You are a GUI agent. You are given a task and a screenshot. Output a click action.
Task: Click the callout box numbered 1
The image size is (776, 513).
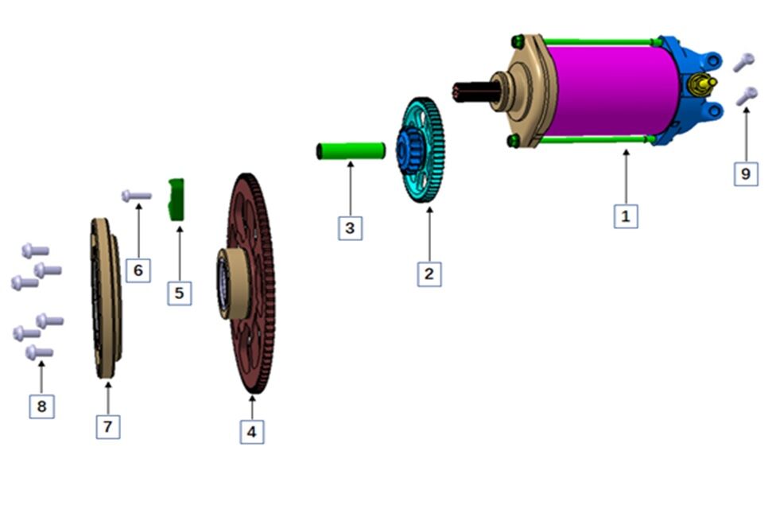[626, 216]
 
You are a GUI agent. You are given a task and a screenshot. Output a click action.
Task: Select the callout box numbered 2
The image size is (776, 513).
[429, 274]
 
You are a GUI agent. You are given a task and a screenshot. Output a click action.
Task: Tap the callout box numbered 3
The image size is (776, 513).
[350, 228]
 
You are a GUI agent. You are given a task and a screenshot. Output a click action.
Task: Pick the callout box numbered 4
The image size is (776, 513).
[252, 432]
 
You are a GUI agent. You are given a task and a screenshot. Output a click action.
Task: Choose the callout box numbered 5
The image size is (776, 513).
[179, 293]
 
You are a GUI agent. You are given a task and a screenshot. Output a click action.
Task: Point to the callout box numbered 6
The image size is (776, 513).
[138, 270]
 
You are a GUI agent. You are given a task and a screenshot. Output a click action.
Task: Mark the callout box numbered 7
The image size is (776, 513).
[108, 426]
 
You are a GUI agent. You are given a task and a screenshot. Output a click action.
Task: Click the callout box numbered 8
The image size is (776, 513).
[41, 406]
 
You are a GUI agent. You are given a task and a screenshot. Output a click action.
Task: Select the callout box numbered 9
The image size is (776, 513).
[746, 174]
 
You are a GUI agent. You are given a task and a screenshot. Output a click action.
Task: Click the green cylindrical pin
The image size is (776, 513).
[351, 151]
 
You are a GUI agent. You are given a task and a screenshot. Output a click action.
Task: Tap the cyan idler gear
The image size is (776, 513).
[421, 150]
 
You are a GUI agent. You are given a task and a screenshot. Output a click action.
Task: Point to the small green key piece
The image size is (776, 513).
[177, 199]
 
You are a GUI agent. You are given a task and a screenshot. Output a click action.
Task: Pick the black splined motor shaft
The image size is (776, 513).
[476, 92]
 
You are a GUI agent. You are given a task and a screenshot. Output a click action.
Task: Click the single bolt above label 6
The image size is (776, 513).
[137, 196]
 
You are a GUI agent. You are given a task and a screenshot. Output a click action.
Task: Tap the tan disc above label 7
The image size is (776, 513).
[106, 298]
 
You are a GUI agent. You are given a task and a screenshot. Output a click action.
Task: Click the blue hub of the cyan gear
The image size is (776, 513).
[409, 150]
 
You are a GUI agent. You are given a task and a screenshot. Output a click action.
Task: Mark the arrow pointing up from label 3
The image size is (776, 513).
[351, 188]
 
